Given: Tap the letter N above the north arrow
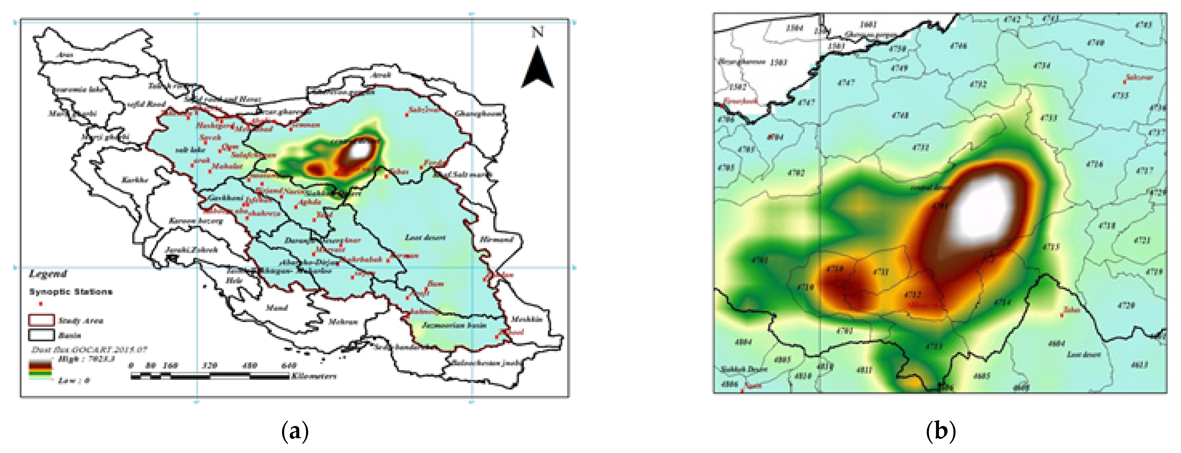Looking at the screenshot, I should coord(537,32).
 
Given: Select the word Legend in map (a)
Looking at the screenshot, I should coord(48,274).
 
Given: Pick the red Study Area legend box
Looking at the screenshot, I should coord(41,320).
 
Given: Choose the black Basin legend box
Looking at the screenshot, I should coord(41,335).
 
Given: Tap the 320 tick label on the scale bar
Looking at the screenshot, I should coord(209,365).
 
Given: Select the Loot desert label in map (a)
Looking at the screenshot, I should coord(425,238).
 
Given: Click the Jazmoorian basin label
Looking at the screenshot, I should coord(454,326).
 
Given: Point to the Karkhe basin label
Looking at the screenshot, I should coord(135,180).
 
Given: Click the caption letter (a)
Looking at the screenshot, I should coord(295,431).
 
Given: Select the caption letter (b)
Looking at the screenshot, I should coord(940,431).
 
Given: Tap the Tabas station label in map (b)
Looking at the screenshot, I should coord(1071,310).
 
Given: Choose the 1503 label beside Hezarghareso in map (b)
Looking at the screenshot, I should coord(778,62).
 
